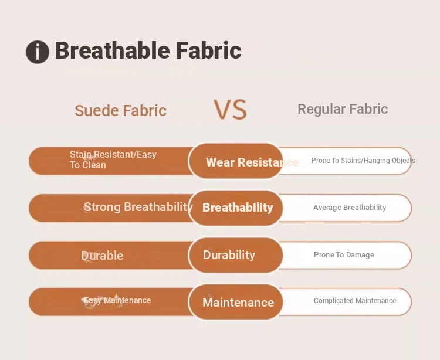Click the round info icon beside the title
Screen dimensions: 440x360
[x=38, y=52]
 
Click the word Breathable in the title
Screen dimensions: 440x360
[x=112, y=50]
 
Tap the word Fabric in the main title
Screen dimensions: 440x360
[x=208, y=50]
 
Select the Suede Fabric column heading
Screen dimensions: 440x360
[x=121, y=110]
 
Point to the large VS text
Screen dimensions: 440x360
[x=231, y=110]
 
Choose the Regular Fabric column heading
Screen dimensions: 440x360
[x=343, y=109]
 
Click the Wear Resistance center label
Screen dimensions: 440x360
[x=252, y=162]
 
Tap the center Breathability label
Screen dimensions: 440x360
[x=238, y=208]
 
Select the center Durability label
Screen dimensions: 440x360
[x=229, y=255]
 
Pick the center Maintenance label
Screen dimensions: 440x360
[x=238, y=303]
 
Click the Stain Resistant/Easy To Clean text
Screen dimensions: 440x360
[x=113, y=159]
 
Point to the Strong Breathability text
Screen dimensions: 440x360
[x=138, y=207]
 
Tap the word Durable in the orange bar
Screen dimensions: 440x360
[x=102, y=256]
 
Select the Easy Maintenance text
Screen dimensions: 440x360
[x=117, y=301]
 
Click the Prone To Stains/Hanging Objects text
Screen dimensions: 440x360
[x=363, y=161]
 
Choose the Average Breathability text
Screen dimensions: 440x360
[x=350, y=208]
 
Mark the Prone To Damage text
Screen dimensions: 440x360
[x=344, y=255]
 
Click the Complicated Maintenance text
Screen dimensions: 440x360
[x=355, y=301]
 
